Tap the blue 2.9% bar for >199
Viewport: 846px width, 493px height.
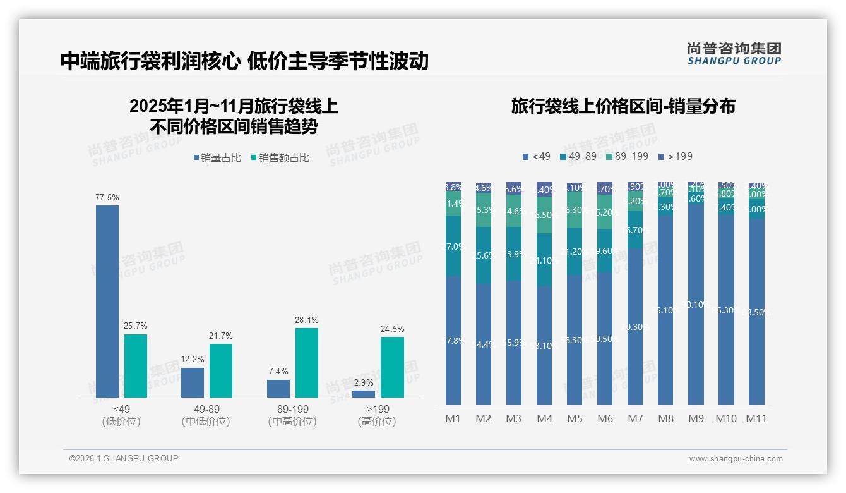tap(364, 394)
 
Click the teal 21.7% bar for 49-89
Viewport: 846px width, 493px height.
tap(221, 370)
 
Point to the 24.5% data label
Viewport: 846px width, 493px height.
tap(393, 329)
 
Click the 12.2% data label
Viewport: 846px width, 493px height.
tap(193, 359)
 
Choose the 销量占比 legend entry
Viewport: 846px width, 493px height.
tap(217, 158)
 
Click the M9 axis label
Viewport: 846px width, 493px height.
tap(696, 418)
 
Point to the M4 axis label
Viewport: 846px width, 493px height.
tap(544, 418)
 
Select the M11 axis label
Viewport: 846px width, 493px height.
tap(756, 418)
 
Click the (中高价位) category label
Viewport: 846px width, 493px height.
tap(292, 422)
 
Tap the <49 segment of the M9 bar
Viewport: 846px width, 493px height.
tap(696, 303)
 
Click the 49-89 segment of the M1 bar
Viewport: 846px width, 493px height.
tap(453, 246)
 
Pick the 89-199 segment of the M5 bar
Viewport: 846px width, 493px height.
tap(575, 210)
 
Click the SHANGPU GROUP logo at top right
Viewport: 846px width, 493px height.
tap(734, 54)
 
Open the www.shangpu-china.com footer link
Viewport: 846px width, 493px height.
tap(736, 459)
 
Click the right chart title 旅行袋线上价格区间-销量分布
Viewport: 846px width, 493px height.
tap(623, 106)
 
